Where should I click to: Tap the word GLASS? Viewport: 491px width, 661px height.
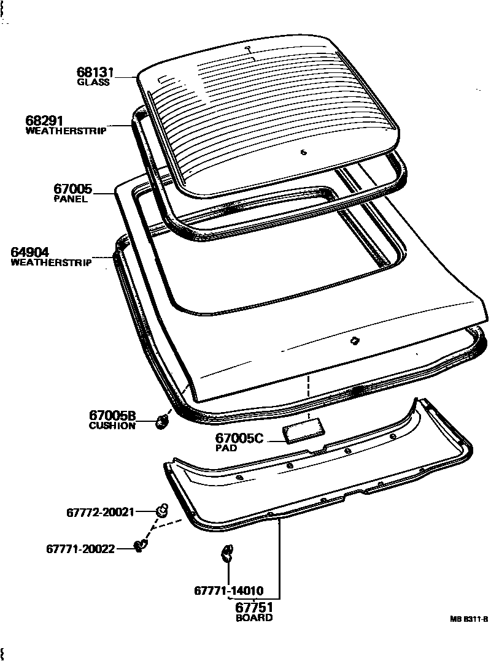click(x=93, y=82)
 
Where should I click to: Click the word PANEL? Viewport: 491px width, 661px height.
click(x=71, y=199)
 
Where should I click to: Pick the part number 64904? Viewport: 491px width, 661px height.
click(x=30, y=252)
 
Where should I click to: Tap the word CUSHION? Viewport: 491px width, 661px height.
click(x=112, y=426)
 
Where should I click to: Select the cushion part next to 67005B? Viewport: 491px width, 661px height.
click(x=162, y=421)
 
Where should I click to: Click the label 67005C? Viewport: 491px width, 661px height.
click(x=240, y=438)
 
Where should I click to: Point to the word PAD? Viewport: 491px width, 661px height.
click(x=226, y=448)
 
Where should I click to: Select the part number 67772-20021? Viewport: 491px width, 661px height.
click(x=100, y=512)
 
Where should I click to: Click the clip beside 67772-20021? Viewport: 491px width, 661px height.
click(x=162, y=509)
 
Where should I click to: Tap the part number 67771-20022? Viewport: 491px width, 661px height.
click(x=80, y=548)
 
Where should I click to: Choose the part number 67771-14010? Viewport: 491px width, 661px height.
click(x=229, y=591)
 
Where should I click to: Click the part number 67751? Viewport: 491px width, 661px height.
click(x=254, y=607)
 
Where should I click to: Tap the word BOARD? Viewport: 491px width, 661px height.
click(x=254, y=617)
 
